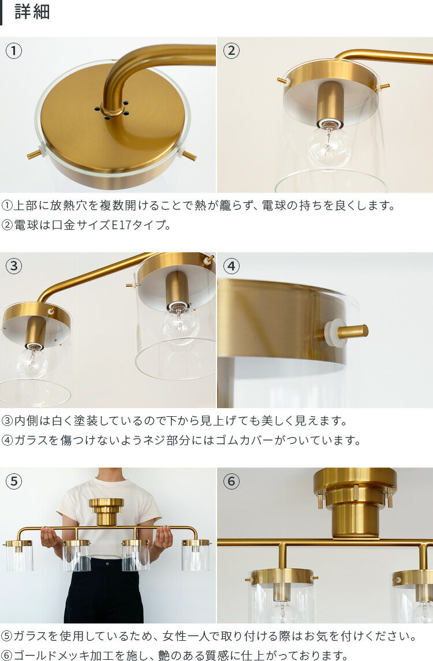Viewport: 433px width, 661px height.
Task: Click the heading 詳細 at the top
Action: coord(32,13)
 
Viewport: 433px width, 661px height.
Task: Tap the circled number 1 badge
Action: coord(14,51)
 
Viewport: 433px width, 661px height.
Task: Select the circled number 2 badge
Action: coord(232,51)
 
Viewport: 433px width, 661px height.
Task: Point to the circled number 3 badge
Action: coord(14,266)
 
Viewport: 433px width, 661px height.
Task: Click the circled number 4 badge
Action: coord(232,266)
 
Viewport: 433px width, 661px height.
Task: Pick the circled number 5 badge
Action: coord(14,481)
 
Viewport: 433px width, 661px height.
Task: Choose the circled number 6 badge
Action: coord(232,481)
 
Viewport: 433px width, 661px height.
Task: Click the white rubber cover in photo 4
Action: coord(335,333)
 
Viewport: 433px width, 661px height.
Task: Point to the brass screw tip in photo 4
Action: coord(353,331)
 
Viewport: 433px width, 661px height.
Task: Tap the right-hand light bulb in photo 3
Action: coord(180,323)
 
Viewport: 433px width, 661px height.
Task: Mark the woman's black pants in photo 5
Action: coord(104,595)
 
